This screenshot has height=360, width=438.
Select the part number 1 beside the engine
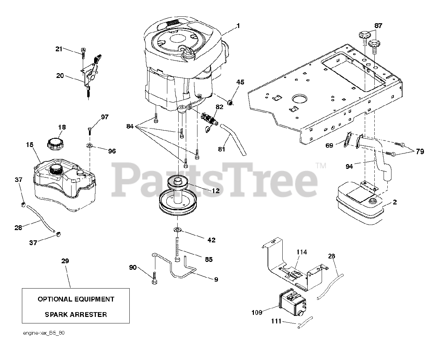click(x=238, y=26)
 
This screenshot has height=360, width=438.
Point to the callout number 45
click(x=240, y=82)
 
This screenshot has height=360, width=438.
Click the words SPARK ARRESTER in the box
click(x=76, y=314)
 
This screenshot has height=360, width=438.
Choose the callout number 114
click(x=301, y=252)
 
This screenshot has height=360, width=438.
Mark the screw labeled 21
click(x=83, y=52)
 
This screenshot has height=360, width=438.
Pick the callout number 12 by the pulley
click(x=215, y=191)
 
